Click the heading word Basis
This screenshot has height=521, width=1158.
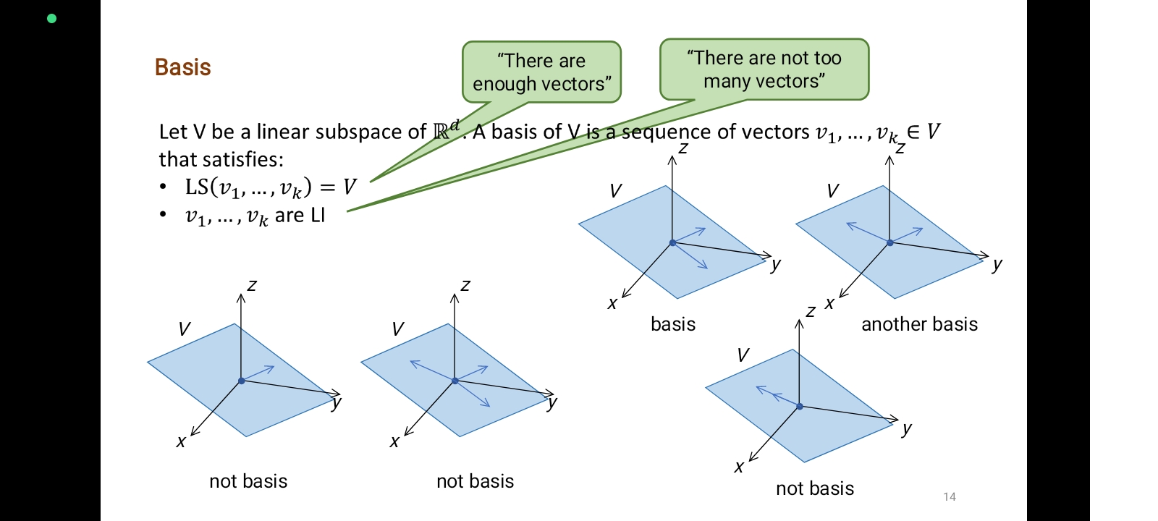pos(182,67)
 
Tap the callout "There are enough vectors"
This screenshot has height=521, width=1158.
pos(541,72)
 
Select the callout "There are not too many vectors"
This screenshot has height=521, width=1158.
pos(764,69)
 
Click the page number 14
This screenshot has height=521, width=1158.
pos(950,496)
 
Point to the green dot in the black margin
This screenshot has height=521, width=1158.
pos(51,19)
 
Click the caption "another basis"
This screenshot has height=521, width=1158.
pos(919,324)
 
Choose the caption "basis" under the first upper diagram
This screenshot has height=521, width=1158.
pos(673,324)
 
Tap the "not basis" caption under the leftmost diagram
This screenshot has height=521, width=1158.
pos(248,481)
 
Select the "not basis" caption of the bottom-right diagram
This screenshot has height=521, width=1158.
pos(815,488)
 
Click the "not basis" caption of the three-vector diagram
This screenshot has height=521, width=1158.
pos(475,481)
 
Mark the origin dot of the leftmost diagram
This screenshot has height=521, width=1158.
pos(242,381)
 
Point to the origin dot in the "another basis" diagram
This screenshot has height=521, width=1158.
pos(890,242)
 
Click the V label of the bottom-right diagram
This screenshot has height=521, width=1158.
pos(743,355)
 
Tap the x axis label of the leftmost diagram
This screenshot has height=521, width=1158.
pos(181,441)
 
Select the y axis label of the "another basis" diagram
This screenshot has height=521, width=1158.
pos(997,264)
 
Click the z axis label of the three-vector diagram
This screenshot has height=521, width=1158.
pos(465,285)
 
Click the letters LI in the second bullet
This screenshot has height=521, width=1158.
pos(317,216)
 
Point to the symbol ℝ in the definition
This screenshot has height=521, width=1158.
pos(441,132)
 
